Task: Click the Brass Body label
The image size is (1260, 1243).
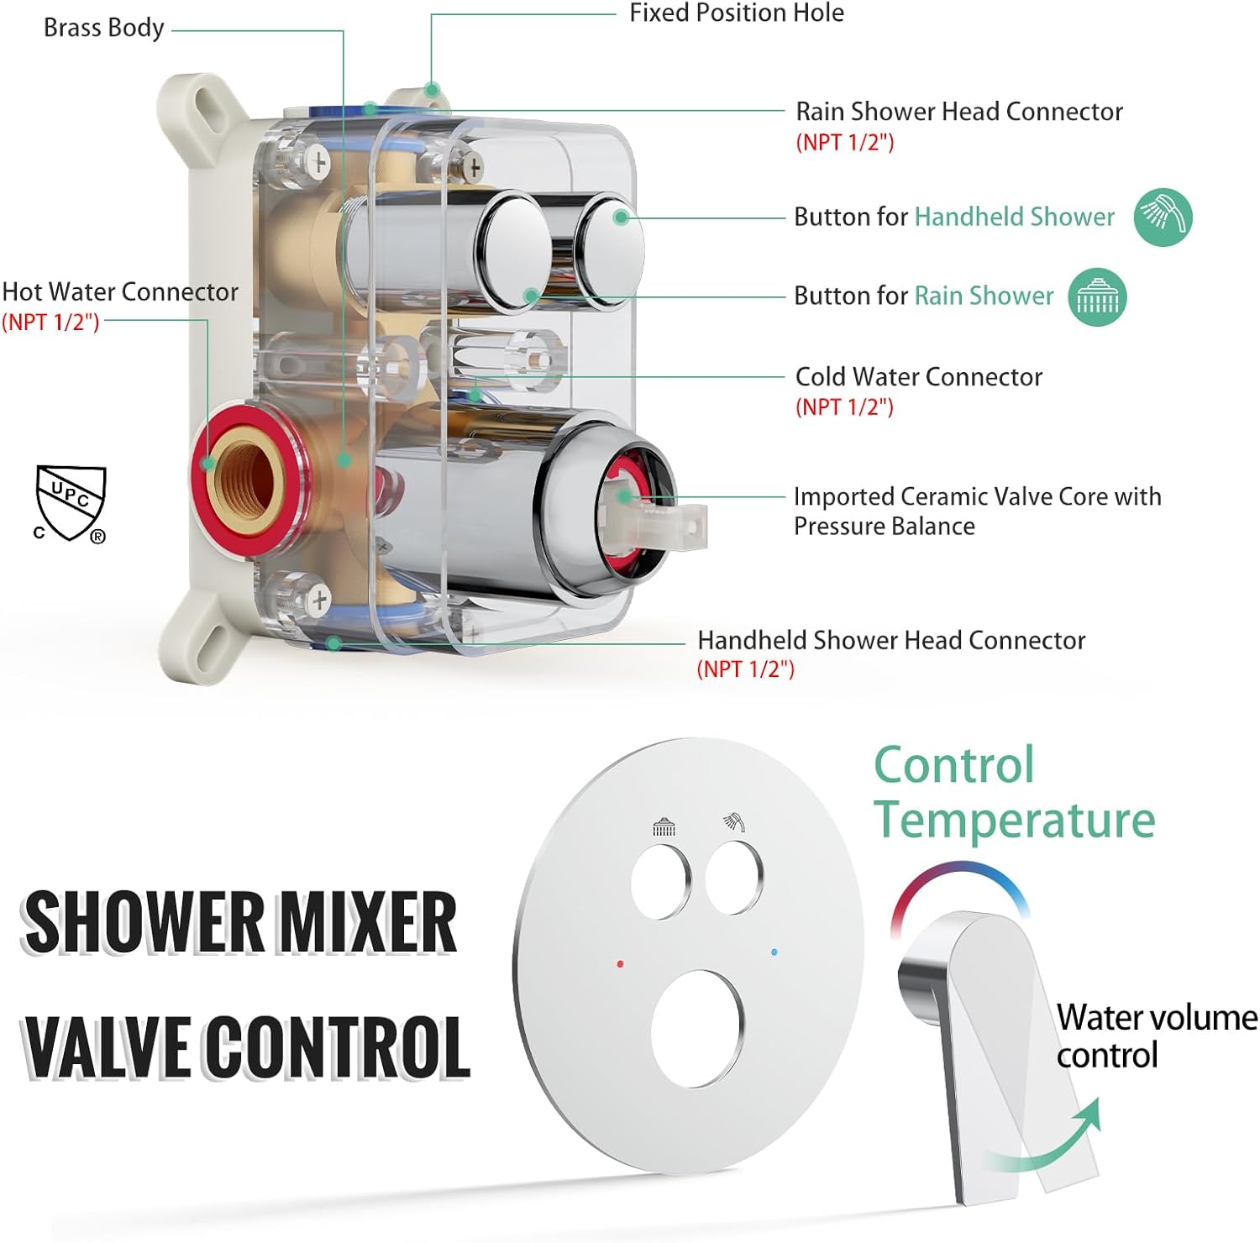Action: (x=103, y=28)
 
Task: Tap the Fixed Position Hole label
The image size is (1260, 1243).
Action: (x=736, y=13)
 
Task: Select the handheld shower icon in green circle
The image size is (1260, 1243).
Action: (x=1163, y=217)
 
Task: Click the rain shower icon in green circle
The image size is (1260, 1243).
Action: (x=1097, y=296)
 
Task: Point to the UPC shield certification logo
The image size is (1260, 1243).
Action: (x=71, y=503)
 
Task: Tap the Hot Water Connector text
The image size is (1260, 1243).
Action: (x=120, y=291)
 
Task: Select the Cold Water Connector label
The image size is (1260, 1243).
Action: (x=918, y=376)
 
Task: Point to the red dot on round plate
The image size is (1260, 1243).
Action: (x=620, y=964)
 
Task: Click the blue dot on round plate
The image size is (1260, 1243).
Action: (x=774, y=952)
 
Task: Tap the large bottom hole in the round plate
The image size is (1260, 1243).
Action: (x=698, y=1029)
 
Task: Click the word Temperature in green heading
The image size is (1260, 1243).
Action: (x=1015, y=820)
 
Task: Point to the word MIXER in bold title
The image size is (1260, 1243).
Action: (x=367, y=921)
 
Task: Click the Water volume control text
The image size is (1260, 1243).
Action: (x=1155, y=1036)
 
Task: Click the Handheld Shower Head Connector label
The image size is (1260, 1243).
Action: (x=890, y=640)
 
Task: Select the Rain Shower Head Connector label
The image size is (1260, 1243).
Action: (x=958, y=111)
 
